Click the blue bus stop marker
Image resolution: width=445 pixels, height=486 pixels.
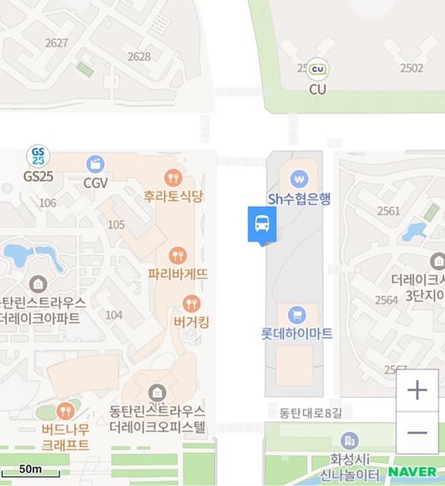coord(262,225)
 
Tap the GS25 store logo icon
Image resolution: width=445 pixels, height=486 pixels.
coord(38,156)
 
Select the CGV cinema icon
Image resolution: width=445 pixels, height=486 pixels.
coord(95,164)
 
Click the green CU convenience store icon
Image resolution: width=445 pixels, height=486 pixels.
coord(317,68)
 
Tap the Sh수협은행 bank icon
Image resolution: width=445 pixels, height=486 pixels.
coord(299,179)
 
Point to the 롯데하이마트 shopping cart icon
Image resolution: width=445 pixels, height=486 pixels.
coord(297,314)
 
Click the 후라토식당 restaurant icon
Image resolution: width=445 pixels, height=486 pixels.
coord(173,178)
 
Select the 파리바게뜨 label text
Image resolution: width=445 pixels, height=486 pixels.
coord(179,274)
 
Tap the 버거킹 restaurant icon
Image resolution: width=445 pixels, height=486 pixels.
coord(191,304)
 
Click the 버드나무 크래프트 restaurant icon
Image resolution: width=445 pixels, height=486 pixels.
coord(65,410)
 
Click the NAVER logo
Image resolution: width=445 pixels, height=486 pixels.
coord(411,472)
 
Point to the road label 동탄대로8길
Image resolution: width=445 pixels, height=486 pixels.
coord(301,410)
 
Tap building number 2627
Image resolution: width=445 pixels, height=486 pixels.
coord(56,43)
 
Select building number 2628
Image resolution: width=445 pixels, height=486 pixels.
coord(139,57)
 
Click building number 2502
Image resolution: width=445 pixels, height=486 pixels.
coord(411,68)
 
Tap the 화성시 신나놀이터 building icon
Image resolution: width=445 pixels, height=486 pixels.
coord(350,440)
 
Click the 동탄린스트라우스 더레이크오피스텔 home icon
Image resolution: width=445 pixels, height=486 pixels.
coord(158,391)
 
